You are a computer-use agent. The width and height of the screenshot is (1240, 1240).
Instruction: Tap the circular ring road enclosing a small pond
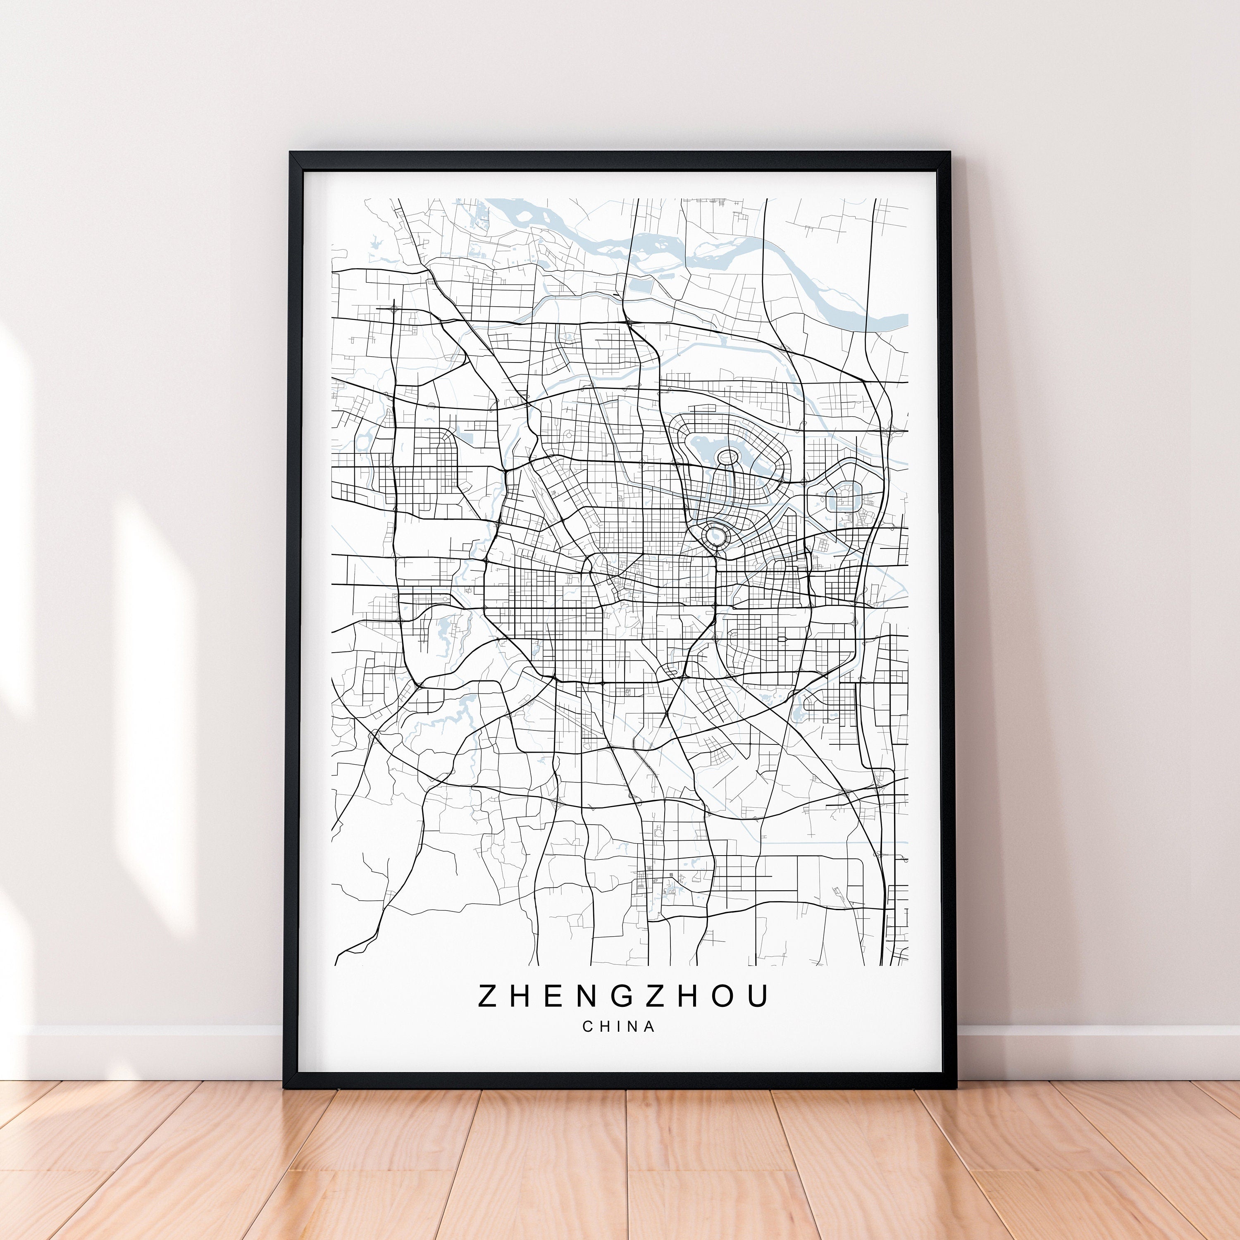coord(715,534)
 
